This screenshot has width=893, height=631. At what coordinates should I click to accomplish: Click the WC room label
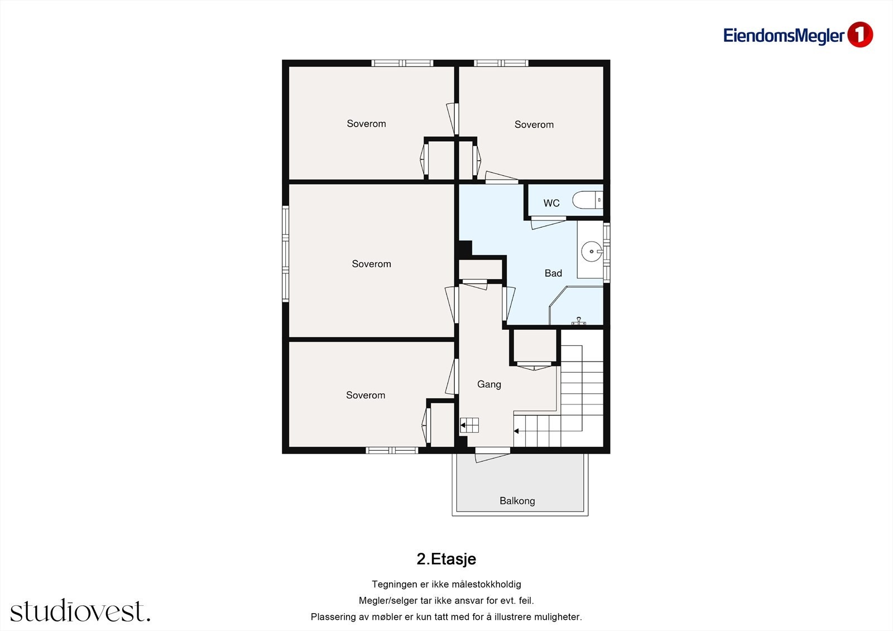pos(551,203)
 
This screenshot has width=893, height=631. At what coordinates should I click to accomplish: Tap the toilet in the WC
pos(588,200)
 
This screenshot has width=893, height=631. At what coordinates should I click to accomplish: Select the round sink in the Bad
pos(592,252)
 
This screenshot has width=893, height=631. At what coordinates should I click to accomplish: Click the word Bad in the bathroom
pos(553,273)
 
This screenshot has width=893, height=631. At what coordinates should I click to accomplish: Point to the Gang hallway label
pos(489,384)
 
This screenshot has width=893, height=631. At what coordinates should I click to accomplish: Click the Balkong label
pos(517,501)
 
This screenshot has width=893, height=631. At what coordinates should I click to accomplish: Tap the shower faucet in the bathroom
pos(578,321)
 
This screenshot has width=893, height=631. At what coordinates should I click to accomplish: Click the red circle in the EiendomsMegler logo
pos(860,35)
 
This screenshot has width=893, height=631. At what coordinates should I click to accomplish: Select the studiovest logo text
pos(80,611)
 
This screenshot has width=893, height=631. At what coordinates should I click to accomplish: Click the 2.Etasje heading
pos(446,559)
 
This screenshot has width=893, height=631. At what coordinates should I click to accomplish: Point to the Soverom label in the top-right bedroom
pos(534,125)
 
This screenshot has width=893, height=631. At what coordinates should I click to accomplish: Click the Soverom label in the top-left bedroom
pos(366,124)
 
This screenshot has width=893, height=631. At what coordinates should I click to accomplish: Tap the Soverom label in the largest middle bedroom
pos(371,264)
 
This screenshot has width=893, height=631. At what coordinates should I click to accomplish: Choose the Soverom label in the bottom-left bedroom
pos(366,396)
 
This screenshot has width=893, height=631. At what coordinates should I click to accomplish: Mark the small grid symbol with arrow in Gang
pos(469,425)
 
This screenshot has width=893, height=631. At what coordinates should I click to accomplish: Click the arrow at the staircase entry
pos(516,431)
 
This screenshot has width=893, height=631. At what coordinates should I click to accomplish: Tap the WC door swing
pos(549,223)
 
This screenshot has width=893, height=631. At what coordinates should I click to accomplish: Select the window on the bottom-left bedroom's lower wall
pos(392,450)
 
